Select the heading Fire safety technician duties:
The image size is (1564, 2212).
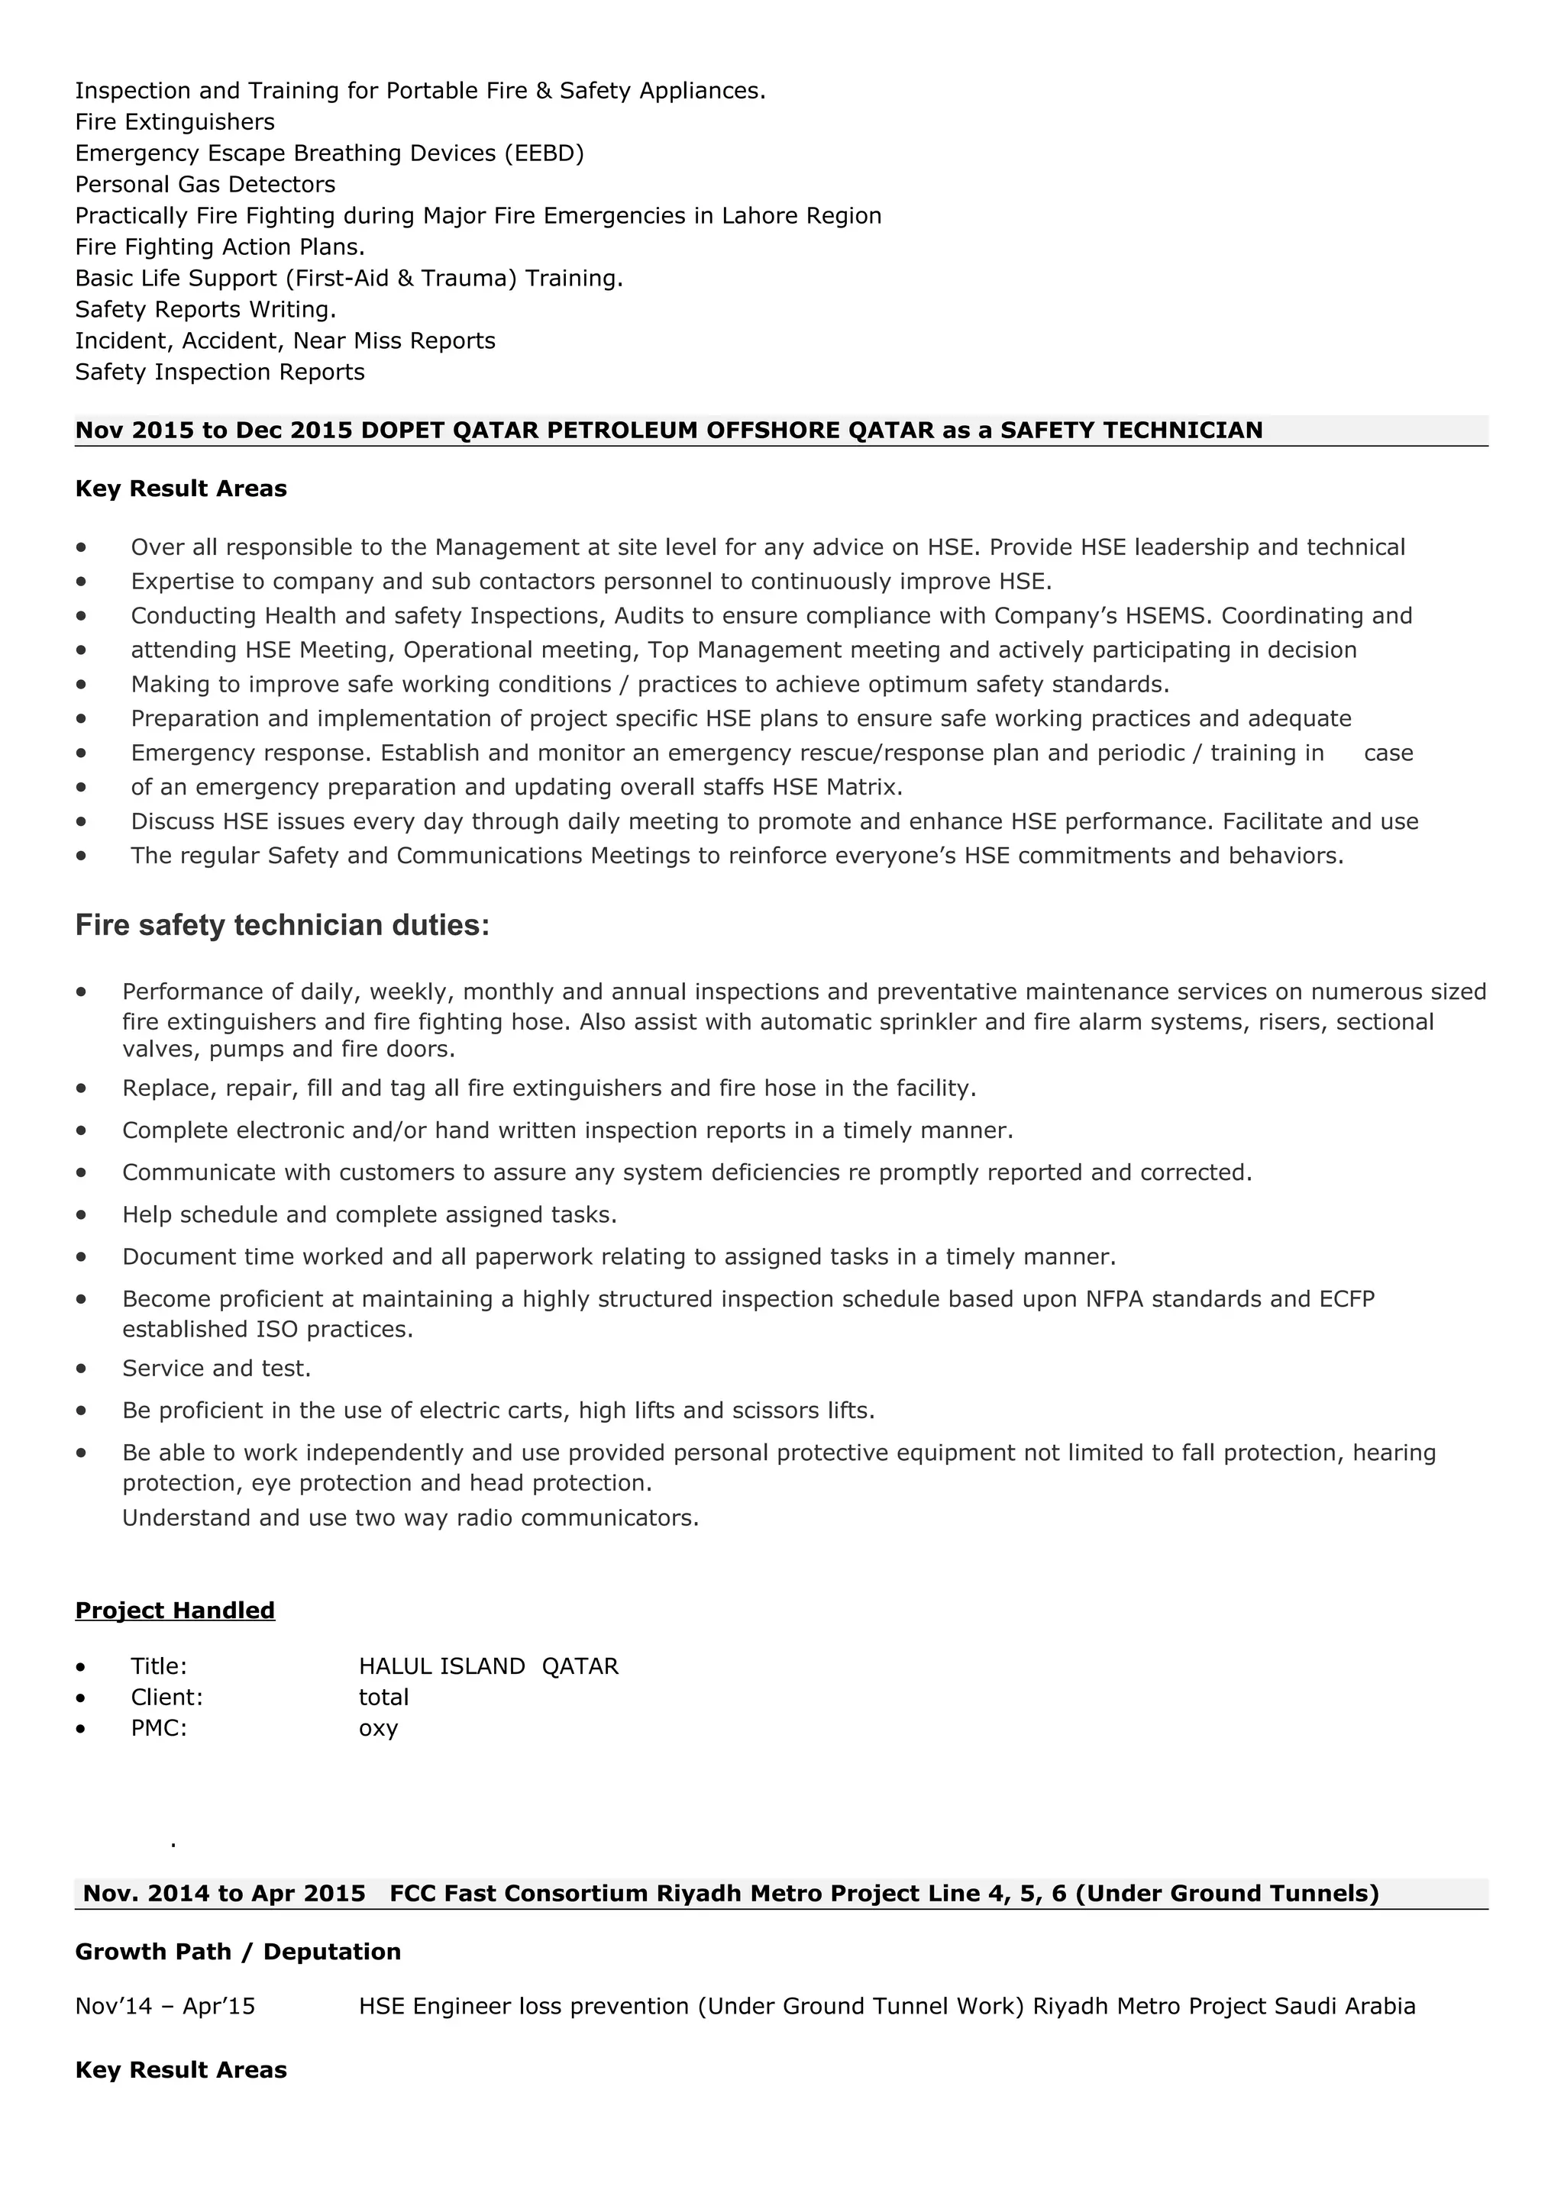pos(283,926)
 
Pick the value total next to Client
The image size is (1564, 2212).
pos(383,1697)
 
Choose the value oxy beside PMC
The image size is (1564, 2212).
pos(378,1727)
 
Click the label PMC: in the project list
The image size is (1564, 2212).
pos(159,1727)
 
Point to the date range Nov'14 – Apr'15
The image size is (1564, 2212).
pos(165,2006)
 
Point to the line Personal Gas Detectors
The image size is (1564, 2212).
pos(205,184)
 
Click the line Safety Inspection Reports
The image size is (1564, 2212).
pos(220,372)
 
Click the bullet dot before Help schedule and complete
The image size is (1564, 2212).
pos(81,1215)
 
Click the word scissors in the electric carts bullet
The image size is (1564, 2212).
pos(777,1411)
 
